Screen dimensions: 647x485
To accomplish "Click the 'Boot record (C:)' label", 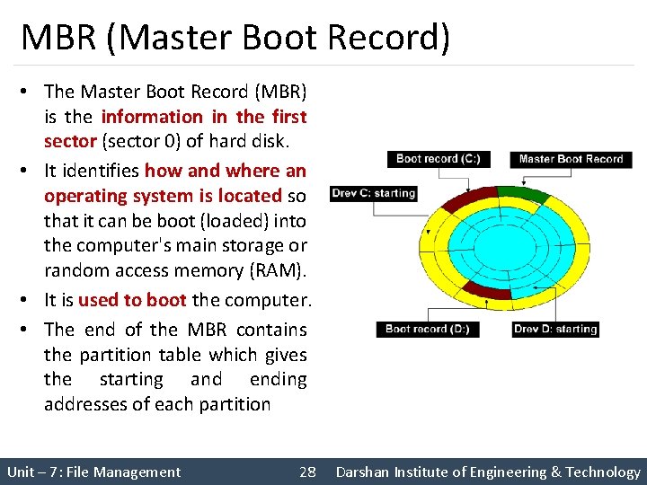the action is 439,159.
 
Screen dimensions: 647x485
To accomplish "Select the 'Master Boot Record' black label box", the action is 571,159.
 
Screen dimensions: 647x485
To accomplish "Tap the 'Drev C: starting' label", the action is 373,193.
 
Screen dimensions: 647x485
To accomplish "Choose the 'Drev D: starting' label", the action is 555,329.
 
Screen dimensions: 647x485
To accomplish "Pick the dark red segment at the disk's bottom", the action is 485,293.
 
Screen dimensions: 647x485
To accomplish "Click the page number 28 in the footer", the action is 307,472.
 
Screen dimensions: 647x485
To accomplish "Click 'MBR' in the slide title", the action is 54,38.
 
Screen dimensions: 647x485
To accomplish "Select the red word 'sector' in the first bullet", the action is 70,141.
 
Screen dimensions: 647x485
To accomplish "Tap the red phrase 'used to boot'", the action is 132,301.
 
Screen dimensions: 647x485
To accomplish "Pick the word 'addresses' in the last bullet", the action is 87,404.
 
